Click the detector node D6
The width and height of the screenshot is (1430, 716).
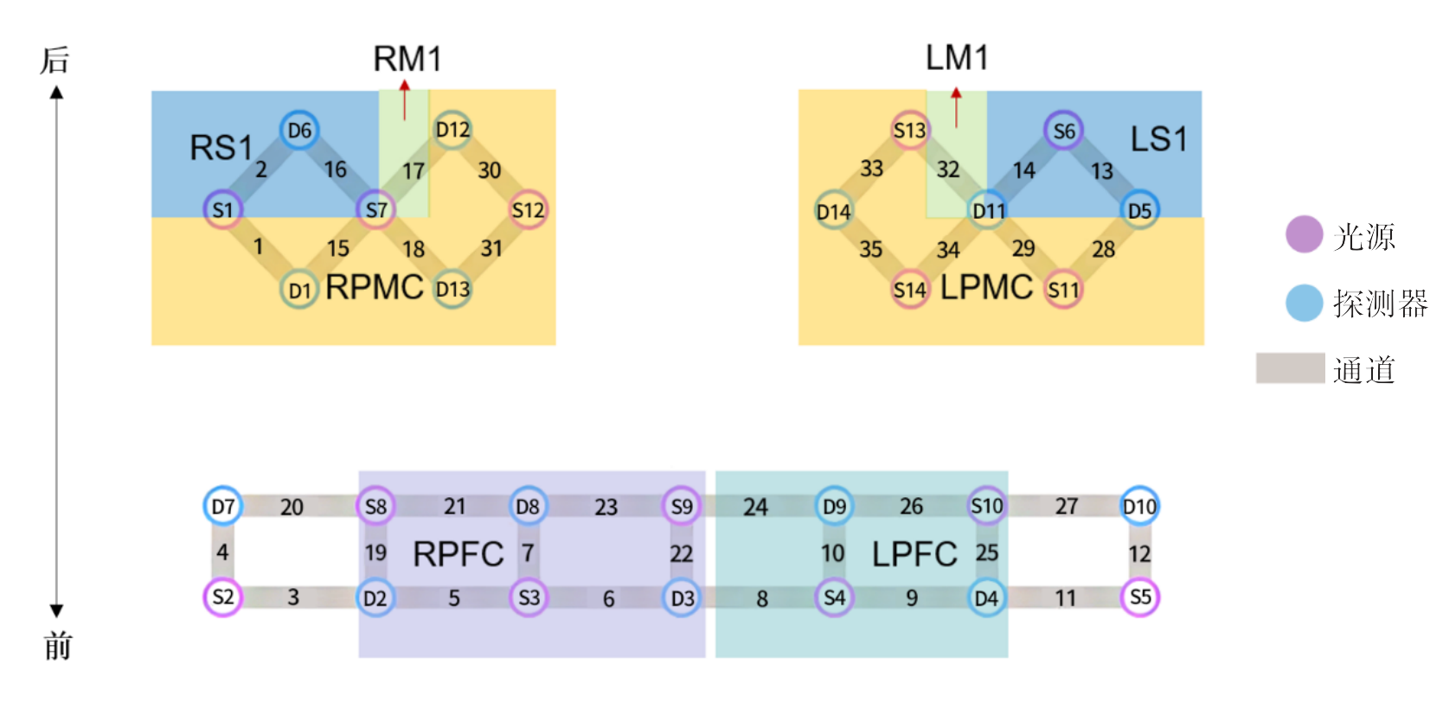click(x=299, y=131)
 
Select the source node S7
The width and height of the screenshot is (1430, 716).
click(x=376, y=209)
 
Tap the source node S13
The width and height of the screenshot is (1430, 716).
click(x=909, y=131)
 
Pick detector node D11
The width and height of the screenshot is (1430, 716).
click(x=988, y=210)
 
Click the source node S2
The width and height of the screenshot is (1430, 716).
click(x=222, y=597)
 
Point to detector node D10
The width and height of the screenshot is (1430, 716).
click(x=1139, y=506)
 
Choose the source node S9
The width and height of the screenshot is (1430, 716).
click(x=682, y=506)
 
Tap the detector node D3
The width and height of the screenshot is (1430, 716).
click(x=682, y=598)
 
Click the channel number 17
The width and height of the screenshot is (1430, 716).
click(x=414, y=171)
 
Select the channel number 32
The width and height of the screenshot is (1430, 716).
click(x=948, y=169)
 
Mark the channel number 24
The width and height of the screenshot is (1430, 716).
click(x=755, y=507)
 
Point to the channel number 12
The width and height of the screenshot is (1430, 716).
click(x=1139, y=553)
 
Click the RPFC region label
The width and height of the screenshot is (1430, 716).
click(x=458, y=554)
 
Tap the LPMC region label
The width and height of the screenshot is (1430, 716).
click(x=986, y=288)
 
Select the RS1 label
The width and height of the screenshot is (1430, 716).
click(x=221, y=148)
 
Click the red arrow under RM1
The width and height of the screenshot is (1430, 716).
click(x=404, y=100)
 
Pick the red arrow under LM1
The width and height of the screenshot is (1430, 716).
click(x=956, y=106)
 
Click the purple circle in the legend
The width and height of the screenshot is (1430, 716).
click(x=1304, y=234)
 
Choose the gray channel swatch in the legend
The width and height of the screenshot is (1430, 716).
click(x=1290, y=368)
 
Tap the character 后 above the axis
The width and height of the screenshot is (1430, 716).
click(x=55, y=61)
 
